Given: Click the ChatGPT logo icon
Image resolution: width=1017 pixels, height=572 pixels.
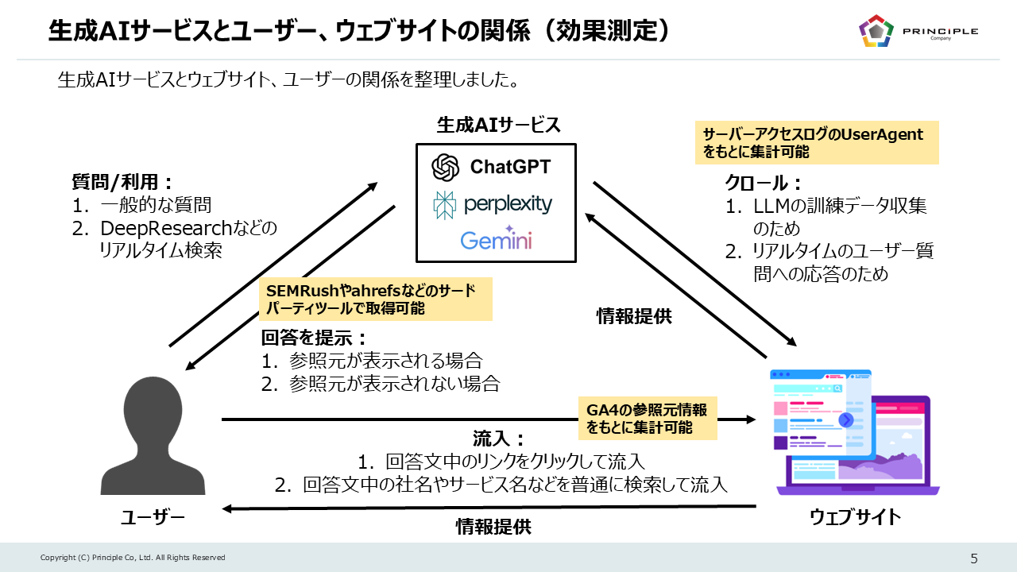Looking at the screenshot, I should click(x=446, y=168).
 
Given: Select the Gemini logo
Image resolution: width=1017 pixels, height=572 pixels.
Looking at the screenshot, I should click(x=496, y=238).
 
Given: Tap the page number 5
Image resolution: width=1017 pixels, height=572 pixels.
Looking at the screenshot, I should click(x=974, y=558).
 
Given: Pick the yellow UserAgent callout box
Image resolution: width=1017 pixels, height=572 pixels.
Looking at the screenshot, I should click(x=816, y=142).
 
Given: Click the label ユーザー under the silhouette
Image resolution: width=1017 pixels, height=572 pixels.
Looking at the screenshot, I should click(x=153, y=518).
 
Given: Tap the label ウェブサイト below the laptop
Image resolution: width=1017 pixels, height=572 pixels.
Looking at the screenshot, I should click(x=855, y=517).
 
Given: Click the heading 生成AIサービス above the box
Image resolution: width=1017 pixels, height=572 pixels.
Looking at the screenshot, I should click(x=498, y=125).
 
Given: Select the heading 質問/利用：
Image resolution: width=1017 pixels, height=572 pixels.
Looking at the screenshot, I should click(x=123, y=183).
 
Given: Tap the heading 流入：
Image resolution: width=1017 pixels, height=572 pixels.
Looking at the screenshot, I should click(x=500, y=438).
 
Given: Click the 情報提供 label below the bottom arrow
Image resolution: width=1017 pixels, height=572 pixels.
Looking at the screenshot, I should click(x=493, y=526).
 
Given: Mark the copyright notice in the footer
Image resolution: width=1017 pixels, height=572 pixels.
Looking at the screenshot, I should click(x=133, y=558).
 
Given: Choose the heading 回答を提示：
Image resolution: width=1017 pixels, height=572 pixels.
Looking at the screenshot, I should click(x=315, y=338).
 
